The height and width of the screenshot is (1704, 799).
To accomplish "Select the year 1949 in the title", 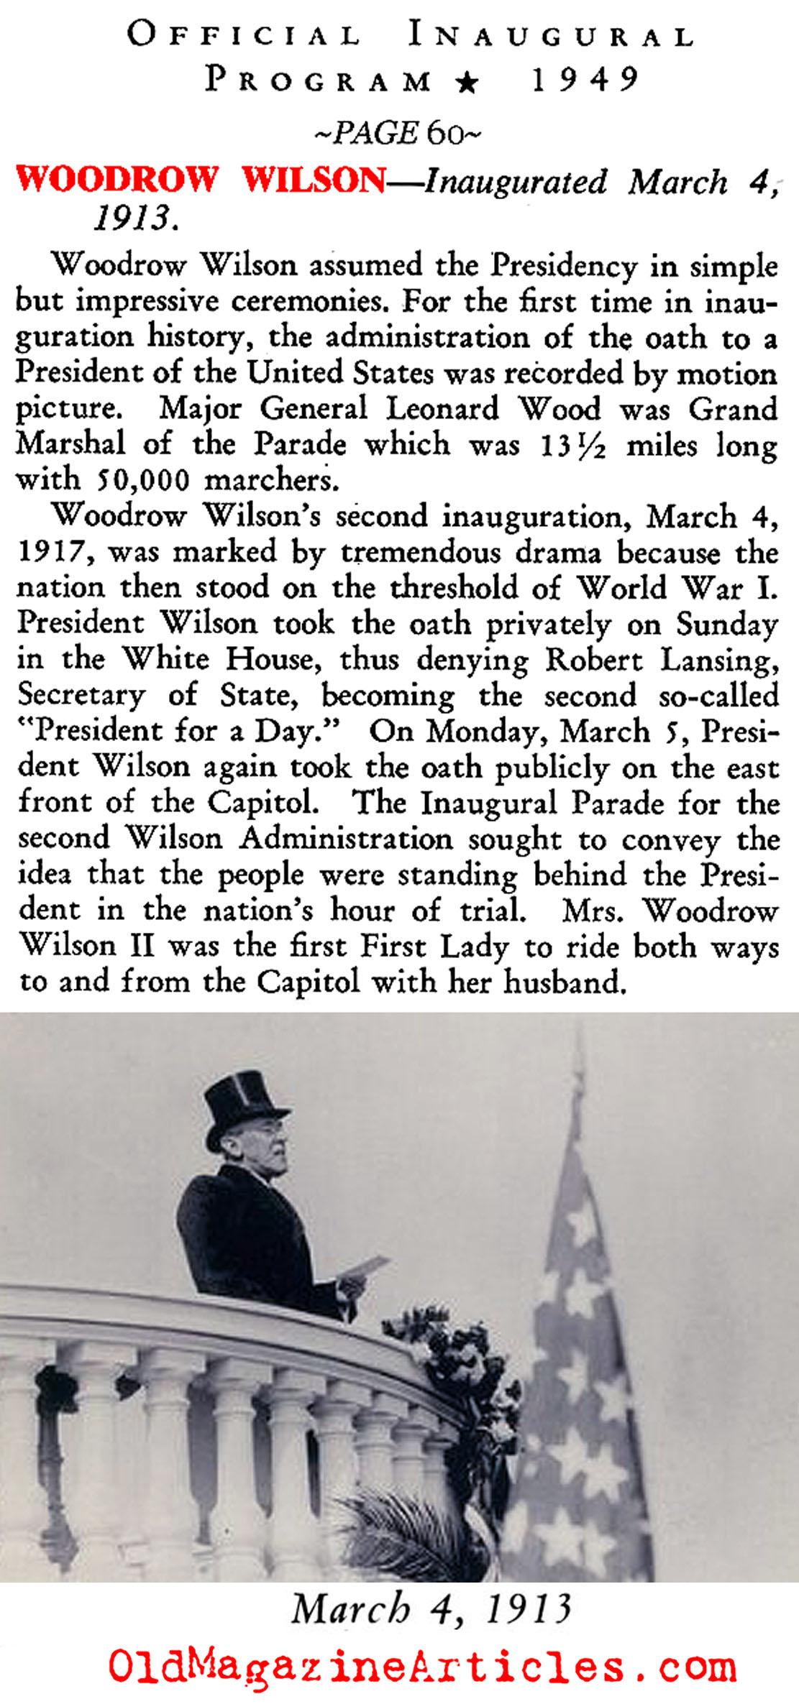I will tap(585, 79).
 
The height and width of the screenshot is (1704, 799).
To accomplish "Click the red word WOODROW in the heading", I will tap(117, 179).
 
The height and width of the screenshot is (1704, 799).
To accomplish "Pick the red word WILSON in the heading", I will tap(314, 179).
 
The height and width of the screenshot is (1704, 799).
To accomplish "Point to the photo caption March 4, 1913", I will tap(430, 1608).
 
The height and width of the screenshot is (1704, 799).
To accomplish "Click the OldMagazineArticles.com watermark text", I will tap(422, 1665).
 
